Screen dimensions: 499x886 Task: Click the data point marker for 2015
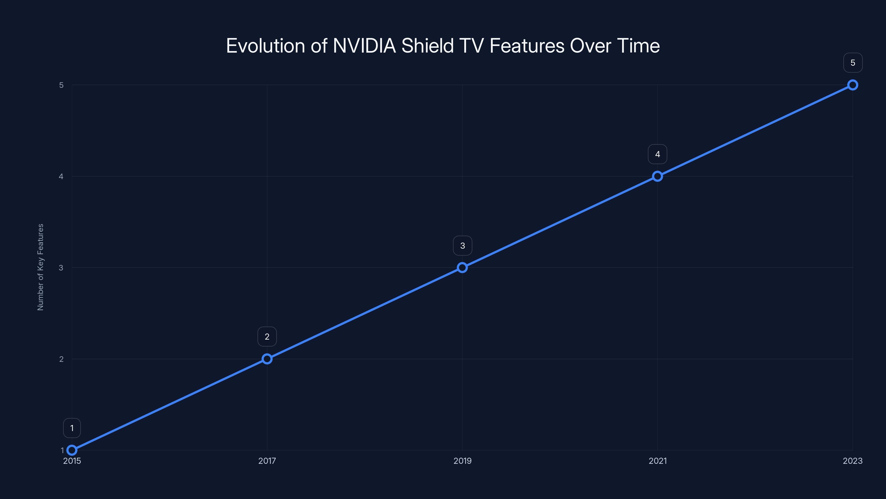72,450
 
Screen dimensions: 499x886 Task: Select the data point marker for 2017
267,359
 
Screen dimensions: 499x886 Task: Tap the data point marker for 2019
462,268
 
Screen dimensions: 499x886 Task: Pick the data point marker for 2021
657,176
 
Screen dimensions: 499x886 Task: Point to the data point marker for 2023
853,85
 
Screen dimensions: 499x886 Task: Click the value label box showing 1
72,428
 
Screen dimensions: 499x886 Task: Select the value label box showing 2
267,337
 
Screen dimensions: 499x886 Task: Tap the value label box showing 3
462,246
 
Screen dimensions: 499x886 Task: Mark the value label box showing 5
853,63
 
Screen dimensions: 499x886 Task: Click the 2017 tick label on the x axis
267,461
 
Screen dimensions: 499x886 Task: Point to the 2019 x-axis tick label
462,461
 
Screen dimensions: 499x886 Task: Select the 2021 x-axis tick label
657,461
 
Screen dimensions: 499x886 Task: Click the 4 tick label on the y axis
61,176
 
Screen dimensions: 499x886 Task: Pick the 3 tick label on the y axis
61,268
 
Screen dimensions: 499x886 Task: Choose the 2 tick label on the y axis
61,359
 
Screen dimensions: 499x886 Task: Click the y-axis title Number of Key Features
40,267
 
